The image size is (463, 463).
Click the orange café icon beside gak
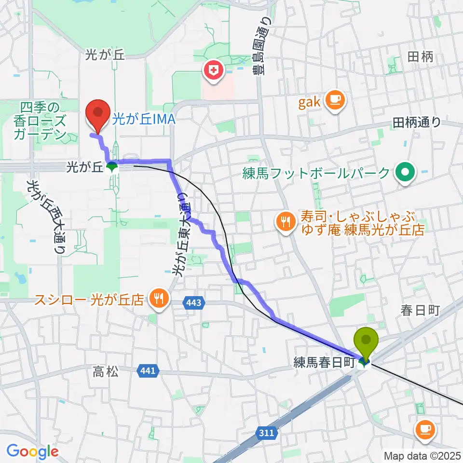click(335, 100)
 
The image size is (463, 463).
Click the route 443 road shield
click(195, 303)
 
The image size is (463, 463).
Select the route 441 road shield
click(148, 370)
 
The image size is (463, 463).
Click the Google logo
click(32, 451)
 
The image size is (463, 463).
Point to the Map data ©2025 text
click(421, 455)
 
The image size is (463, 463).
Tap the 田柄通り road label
click(417, 123)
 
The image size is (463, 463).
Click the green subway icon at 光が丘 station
click(112, 167)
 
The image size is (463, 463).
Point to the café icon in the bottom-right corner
click(424, 429)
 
